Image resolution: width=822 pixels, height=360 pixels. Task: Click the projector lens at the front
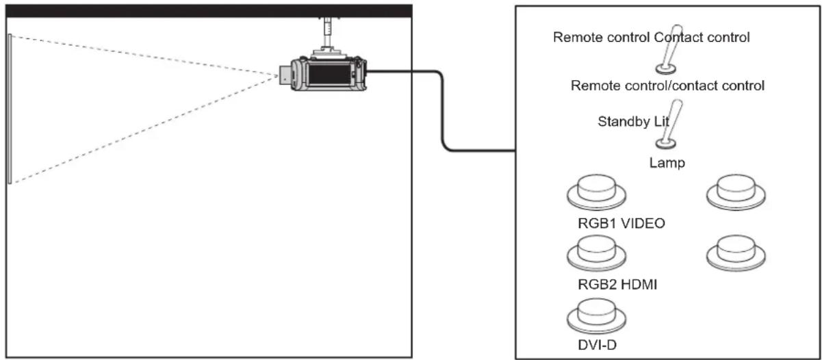285,75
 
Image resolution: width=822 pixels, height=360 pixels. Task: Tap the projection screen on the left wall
10,109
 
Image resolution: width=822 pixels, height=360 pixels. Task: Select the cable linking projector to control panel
442,110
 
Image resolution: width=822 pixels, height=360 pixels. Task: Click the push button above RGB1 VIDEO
596,192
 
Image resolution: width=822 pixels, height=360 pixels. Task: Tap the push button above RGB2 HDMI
596,254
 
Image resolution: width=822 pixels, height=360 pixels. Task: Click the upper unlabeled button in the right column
736,192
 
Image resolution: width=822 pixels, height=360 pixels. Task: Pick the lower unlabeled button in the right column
736,253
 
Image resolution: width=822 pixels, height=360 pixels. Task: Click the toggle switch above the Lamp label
669,124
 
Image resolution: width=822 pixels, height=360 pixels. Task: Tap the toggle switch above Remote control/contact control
669,49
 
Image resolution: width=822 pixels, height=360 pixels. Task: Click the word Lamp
667,163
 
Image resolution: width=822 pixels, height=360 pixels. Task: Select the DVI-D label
597,344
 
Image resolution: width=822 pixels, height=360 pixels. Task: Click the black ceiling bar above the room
209,11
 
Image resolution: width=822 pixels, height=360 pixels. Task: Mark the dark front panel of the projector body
329,74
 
